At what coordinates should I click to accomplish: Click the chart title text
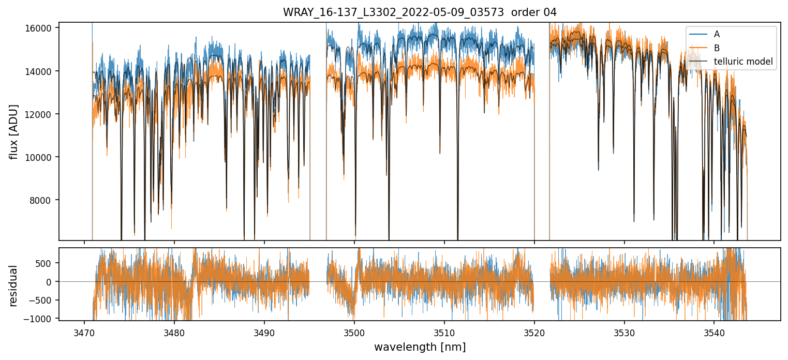point(420,12)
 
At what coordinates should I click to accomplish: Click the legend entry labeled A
point(717,34)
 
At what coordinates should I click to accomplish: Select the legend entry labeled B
point(717,48)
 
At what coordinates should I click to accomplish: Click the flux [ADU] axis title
point(14,131)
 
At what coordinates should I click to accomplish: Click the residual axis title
point(14,285)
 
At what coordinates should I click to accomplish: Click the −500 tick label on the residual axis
point(44,300)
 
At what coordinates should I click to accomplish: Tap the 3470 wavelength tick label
point(84,331)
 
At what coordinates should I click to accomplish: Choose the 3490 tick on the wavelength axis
point(264,331)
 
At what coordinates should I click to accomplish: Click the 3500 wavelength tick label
point(354,331)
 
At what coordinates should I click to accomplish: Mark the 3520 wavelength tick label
point(534,331)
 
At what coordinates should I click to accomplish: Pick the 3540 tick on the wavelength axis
point(714,331)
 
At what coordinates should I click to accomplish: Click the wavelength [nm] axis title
point(420,347)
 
